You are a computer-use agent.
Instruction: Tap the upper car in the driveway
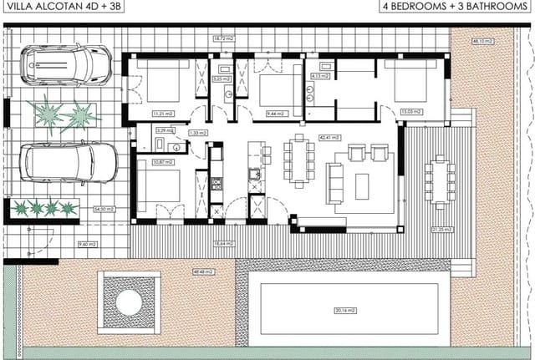[x=65, y=63]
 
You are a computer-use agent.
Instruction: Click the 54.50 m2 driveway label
[x=102, y=209]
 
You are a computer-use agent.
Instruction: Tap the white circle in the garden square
[x=129, y=302]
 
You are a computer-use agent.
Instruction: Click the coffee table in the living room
[x=361, y=185]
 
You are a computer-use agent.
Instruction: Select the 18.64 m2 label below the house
[x=224, y=243]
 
